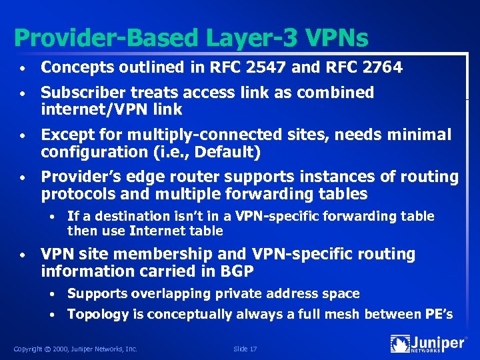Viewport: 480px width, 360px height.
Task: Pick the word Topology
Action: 97,314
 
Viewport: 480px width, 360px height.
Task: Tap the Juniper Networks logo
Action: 427,344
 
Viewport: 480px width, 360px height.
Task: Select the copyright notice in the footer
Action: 75,348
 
